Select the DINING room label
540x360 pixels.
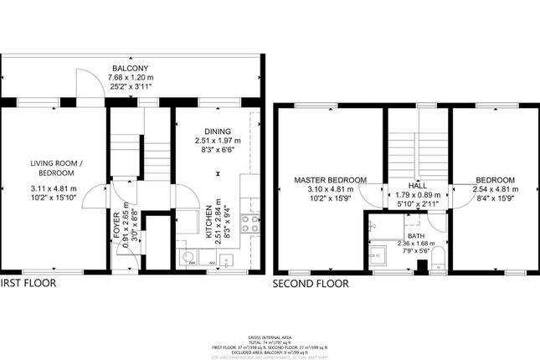coord(217,131)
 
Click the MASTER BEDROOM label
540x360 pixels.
coord(329,180)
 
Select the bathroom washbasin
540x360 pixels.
coord(374,226)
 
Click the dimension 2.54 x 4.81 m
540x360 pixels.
coord(494,189)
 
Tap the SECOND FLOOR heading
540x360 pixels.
coord(310,285)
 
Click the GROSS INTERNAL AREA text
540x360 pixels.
coord(270,332)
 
